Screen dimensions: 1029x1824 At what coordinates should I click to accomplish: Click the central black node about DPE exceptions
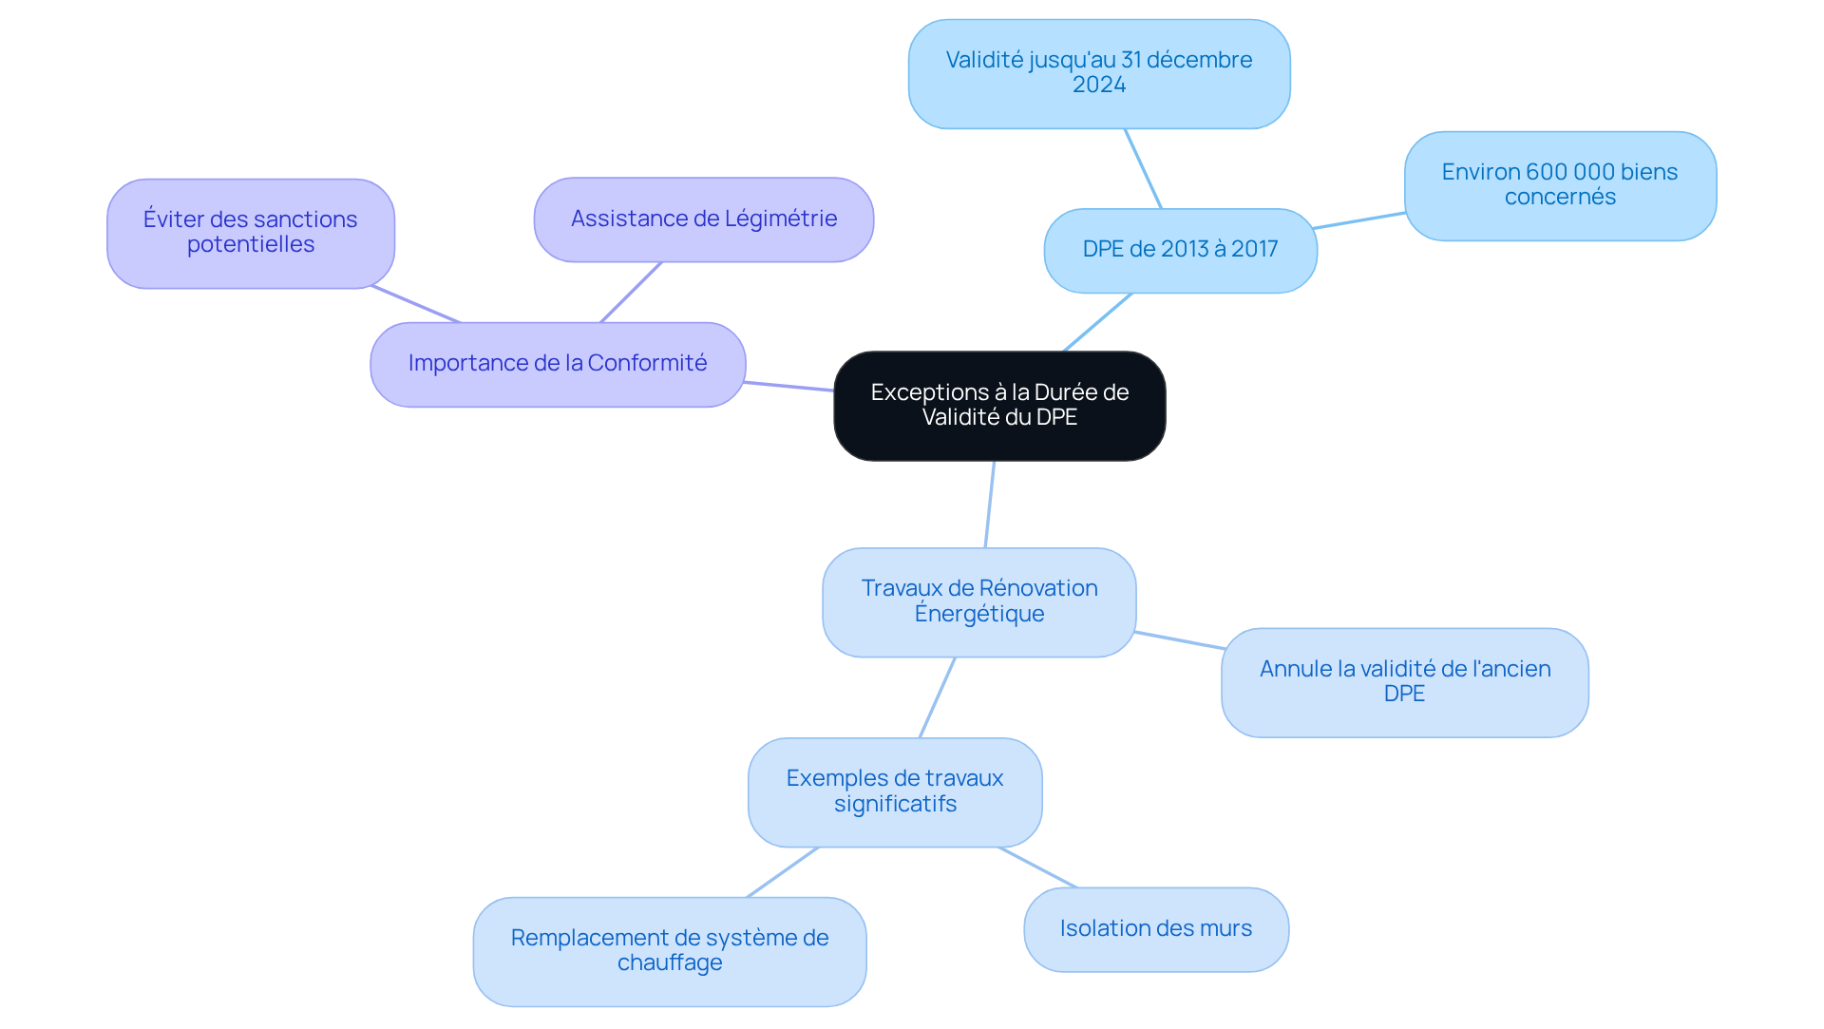(x=999, y=406)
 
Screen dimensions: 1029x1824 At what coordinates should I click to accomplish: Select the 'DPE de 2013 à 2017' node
(x=1180, y=250)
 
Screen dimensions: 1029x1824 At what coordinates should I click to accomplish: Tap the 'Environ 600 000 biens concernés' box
(x=1560, y=185)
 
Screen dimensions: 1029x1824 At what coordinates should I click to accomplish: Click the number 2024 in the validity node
(x=1099, y=86)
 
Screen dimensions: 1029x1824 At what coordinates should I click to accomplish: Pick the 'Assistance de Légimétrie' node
(x=703, y=219)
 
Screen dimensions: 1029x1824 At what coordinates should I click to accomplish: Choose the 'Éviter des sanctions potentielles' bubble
(x=250, y=233)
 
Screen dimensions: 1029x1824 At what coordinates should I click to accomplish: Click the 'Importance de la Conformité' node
(x=558, y=364)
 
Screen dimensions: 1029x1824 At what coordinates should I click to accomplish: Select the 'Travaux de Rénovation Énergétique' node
(x=978, y=601)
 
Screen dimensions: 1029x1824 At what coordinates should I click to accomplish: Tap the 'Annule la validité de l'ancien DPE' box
(x=1404, y=682)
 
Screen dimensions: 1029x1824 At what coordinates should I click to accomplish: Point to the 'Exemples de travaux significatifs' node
(x=895, y=791)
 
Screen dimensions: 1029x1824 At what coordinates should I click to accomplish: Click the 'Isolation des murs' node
(x=1155, y=929)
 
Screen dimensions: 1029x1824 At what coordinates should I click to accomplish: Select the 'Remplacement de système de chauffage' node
(x=670, y=951)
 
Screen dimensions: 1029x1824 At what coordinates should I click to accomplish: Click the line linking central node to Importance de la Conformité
(x=788, y=386)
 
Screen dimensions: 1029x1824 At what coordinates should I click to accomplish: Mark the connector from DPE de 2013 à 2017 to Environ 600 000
(x=1358, y=220)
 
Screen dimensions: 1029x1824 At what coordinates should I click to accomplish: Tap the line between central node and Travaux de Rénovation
(x=990, y=505)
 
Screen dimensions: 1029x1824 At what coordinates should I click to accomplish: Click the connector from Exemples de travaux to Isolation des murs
(x=1037, y=867)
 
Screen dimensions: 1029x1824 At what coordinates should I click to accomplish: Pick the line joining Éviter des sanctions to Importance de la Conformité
(x=416, y=304)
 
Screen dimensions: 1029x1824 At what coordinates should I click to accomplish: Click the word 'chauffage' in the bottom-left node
(x=670, y=963)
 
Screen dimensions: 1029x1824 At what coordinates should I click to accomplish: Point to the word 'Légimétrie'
(x=781, y=219)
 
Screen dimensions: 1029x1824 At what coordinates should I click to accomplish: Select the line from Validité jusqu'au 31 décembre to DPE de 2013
(x=1143, y=168)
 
